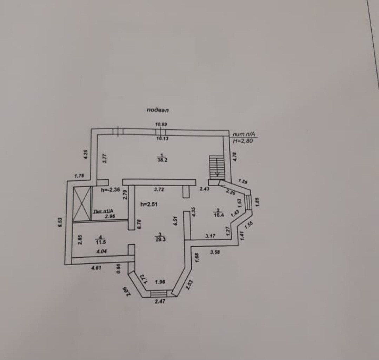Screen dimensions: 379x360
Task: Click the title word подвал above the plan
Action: [158, 110]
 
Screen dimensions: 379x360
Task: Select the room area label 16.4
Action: [219, 215]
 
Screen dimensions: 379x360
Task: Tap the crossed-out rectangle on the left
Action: [82, 204]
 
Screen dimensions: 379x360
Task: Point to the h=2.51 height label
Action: [149, 204]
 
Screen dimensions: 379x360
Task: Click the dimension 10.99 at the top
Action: [161, 124]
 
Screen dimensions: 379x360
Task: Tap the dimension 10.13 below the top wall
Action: [162, 139]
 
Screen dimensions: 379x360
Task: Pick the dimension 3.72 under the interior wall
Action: [159, 189]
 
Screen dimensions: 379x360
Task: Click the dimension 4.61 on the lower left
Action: [96, 268]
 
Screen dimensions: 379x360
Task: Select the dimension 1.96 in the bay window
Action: [160, 281]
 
